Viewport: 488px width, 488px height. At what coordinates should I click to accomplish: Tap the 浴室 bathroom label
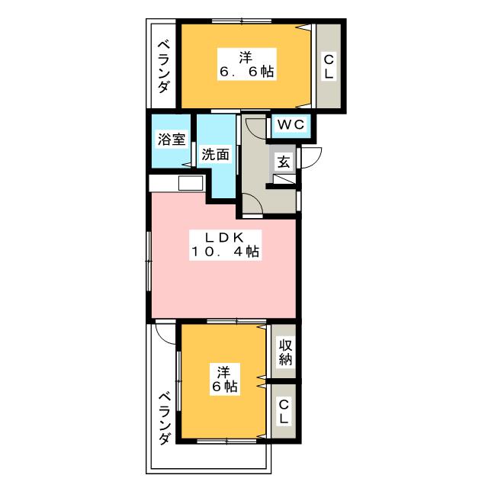point(172,140)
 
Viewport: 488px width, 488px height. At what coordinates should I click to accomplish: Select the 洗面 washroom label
point(216,154)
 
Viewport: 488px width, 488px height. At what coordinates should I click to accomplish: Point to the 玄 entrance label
point(283,162)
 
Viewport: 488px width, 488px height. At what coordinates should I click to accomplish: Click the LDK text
point(225,236)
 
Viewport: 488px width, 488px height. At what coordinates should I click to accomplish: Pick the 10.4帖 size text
point(225,252)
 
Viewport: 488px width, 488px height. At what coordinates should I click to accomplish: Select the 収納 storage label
point(284,352)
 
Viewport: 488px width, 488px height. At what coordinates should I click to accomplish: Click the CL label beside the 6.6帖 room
point(329,66)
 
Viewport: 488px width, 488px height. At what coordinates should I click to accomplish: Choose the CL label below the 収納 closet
point(284,413)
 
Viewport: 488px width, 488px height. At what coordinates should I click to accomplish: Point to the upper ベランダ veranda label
point(164,66)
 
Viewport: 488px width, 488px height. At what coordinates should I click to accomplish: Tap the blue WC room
point(290,127)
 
